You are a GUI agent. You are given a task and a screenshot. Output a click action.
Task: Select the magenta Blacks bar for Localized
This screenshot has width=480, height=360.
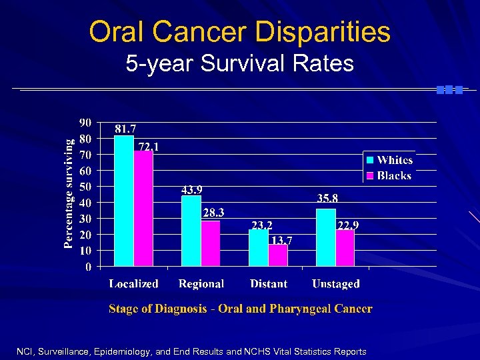(x=143, y=209)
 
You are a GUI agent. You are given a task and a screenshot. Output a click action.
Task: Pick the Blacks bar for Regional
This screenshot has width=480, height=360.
(x=211, y=244)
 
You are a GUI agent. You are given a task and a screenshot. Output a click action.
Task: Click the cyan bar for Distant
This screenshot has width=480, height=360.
(x=258, y=248)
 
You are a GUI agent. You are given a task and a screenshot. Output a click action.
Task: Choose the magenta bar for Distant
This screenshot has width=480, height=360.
(x=278, y=255)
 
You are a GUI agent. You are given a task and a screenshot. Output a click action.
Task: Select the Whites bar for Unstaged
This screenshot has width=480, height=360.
(x=326, y=238)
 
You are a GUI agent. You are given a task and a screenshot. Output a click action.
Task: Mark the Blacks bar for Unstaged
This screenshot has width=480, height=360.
(x=345, y=249)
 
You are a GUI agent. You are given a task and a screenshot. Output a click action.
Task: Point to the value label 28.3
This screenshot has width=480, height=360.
(x=213, y=213)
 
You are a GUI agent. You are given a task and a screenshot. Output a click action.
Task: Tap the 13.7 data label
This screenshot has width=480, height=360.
(x=281, y=239)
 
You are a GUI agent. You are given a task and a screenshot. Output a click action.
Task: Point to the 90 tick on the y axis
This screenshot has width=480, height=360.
(x=85, y=123)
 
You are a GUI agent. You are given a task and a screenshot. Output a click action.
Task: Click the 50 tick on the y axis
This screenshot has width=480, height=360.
(x=85, y=187)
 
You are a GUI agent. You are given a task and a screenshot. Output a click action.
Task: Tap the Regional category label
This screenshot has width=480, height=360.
(x=201, y=284)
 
